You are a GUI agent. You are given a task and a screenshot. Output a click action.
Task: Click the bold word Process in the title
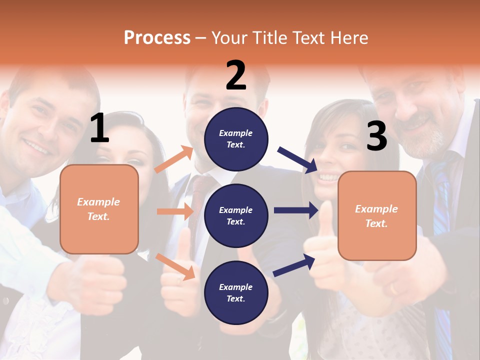(157, 38)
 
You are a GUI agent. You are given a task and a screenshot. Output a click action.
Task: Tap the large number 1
(99, 128)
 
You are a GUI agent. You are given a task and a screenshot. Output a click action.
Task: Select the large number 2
(236, 75)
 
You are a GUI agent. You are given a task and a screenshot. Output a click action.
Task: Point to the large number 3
(376, 136)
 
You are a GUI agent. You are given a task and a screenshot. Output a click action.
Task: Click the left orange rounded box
(99, 209)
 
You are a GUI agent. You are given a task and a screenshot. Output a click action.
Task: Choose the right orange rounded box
(377, 215)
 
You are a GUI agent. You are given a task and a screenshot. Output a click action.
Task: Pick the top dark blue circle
(236, 139)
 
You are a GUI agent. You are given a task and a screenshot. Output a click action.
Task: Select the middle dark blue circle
(236, 215)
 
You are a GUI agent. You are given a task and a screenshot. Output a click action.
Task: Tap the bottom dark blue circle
(236, 292)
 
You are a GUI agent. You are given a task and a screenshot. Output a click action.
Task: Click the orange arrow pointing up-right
(174, 159)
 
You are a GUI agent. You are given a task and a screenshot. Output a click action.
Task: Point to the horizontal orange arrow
(175, 211)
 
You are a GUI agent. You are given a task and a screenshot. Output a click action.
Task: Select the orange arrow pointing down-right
(175, 266)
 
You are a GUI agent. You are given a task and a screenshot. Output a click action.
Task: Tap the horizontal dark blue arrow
(296, 210)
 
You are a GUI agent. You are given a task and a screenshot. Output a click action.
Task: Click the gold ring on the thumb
(393, 289)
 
